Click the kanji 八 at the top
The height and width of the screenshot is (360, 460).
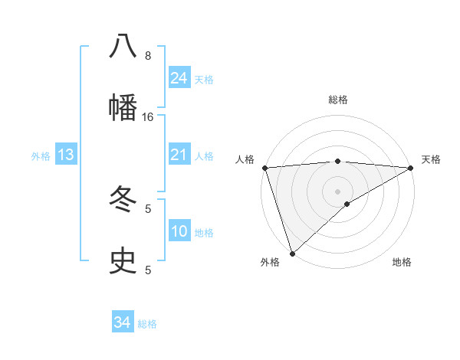pyautogui.click(x=123, y=47)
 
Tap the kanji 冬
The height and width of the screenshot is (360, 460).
pyautogui.click(x=123, y=200)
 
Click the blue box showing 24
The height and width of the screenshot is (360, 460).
pyautogui.click(x=179, y=78)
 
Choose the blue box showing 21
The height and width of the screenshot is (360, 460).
pyautogui.click(x=179, y=155)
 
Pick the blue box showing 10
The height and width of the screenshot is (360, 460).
pyautogui.click(x=179, y=231)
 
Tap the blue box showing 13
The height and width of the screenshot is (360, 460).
pyautogui.click(x=66, y=155)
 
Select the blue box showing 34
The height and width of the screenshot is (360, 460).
pyautogui.click(x=123, y=322)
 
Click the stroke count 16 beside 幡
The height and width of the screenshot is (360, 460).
pyautogui.click(x=148, y=116)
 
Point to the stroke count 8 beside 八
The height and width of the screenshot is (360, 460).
pyautogui.click(x=148, y=56)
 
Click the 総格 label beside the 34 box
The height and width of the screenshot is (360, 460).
pyautogui.click(x=147, y=324)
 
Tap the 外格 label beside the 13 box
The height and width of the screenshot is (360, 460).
pyautogui.click(x=41, y=156)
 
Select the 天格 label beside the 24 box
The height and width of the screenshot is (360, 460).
pyautogui.click(x=204, y=80)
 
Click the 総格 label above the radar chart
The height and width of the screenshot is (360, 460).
pyautogui.click(x=338, y=100)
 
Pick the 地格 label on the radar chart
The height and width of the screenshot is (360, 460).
pyautogui.click(x=402, y=263)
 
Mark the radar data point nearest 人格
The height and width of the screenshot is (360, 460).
pyautogui.click(x=264, y=168)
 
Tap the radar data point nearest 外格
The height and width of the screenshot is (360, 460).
pyautogui.click(x=292, y=253)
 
